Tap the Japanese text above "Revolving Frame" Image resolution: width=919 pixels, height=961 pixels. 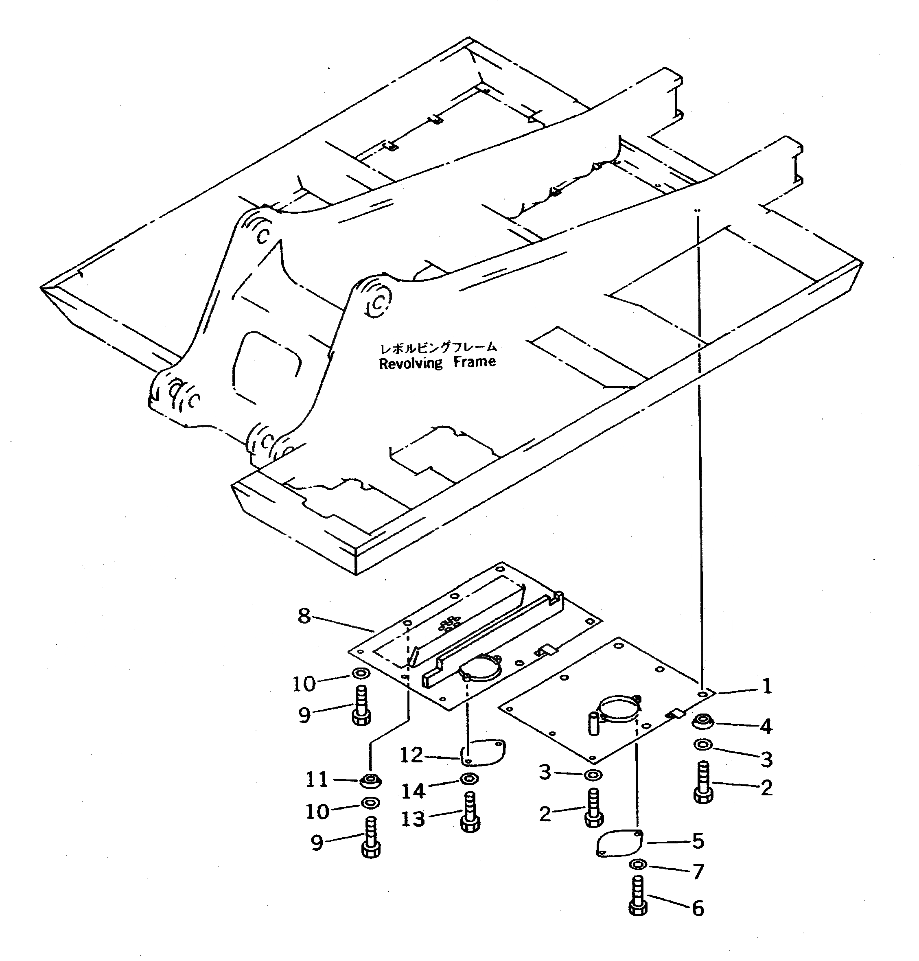tap(438, 347)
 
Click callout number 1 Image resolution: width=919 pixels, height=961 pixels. tap(767, 686)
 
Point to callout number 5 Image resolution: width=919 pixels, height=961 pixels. tap(698, 841)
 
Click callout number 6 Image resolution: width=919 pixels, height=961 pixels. tap(698, 908)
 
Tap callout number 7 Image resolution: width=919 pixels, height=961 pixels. tap(698, 871)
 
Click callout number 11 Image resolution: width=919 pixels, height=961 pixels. tap(317, 779)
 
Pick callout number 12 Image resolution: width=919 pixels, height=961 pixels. tap(411, 755)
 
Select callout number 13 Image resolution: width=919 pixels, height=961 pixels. tap(412, 819)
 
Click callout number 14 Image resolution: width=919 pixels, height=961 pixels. tap(412, 790)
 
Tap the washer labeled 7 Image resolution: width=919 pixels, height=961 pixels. tap(637, 865)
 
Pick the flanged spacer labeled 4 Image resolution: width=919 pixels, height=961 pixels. tap(703, 720)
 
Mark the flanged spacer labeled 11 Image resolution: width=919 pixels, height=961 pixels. tap(370, 779)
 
